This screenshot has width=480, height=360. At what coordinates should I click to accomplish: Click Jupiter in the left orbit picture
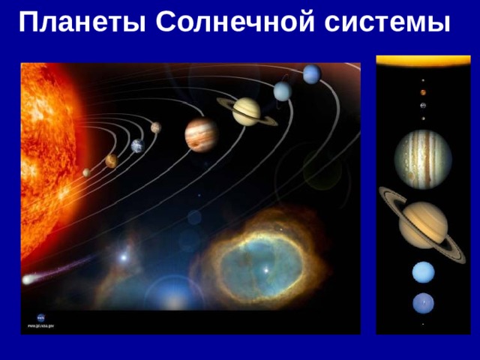pos(201,135)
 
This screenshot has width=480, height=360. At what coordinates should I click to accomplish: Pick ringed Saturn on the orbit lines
pos(246,111)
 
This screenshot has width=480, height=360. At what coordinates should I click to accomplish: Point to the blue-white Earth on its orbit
pos(137,146)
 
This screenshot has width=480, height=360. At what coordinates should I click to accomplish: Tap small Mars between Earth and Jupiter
pos(155,127)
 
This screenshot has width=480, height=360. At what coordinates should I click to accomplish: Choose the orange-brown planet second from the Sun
pos(111,160)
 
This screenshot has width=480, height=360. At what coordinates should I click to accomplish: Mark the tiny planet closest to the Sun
pos(86,172)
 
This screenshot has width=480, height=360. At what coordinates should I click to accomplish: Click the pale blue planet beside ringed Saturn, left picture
pos(282,91)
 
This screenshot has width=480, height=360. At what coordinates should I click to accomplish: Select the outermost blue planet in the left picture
pos(312,74)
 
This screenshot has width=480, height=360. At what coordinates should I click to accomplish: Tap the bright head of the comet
pos(28,279)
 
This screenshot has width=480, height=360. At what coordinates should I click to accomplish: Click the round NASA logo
pos(40,318)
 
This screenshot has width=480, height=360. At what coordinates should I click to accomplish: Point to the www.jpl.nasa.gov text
pos(40,326)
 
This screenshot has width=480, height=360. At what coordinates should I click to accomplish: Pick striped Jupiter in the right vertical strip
pos(423,158)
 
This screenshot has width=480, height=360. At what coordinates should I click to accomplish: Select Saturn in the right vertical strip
pos(424,224)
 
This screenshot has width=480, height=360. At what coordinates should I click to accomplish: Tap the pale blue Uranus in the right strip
pos(423,272)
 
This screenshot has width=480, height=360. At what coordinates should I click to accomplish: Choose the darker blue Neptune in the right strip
pos(423,303)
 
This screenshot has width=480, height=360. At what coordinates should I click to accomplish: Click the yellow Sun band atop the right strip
pos(423,61)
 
